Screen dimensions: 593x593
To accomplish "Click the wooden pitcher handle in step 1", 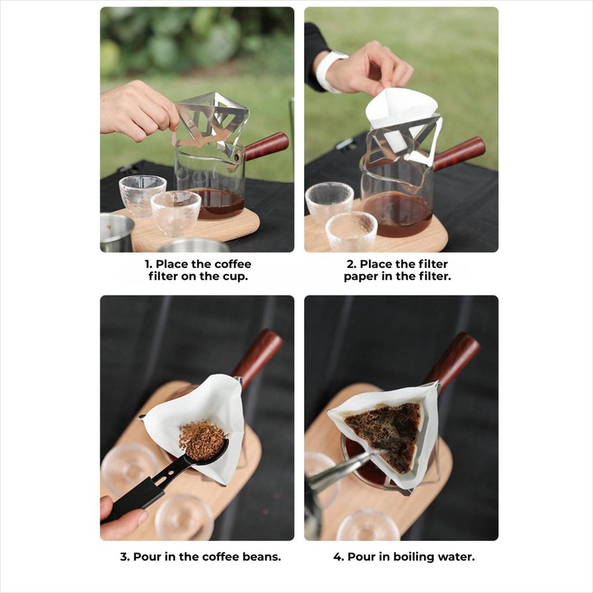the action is click(x=266, y=145).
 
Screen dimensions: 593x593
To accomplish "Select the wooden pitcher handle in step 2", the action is click(x=459, y=152).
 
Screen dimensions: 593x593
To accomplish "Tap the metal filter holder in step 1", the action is click(x=211, y=121).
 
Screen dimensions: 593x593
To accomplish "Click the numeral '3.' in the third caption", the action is click(x=125, y=557).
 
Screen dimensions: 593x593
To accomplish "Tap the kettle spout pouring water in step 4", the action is click(x=341, y=469).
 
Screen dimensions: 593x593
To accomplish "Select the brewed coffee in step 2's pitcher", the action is click(x=397, y=214).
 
